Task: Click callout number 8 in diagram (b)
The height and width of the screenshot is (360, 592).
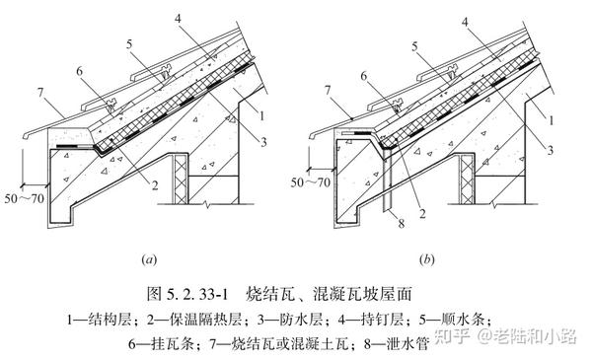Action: (x=402, y=223)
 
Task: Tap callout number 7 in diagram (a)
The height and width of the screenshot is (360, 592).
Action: (x=40, y=93)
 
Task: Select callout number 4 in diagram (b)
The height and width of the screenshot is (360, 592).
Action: (x=465, y=23)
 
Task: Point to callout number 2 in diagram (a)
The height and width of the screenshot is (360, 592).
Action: (x=155, y=185)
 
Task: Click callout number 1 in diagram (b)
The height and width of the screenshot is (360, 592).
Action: (x=552, y=120)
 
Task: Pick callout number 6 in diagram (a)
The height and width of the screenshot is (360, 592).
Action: (x=79, y=71)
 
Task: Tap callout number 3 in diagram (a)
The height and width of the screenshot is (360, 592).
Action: (x=263, y=142)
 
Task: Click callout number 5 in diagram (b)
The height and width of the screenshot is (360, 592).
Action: (x=415, y=46)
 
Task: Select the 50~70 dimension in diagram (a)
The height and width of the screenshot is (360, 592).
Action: (x=25, y=198)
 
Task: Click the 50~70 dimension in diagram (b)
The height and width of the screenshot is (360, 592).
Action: (x=311, y=182)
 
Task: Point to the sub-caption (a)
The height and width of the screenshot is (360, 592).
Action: (x=149, y=260)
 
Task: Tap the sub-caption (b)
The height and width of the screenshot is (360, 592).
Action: (x=426, y=260)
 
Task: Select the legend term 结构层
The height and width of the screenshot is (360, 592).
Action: (x=110, y=320)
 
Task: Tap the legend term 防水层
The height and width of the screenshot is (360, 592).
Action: (x=301, y=320)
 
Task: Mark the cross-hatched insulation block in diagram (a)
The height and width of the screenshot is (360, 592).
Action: (x=181, y=179)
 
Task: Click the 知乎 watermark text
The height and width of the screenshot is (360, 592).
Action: (x=452, y=336)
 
